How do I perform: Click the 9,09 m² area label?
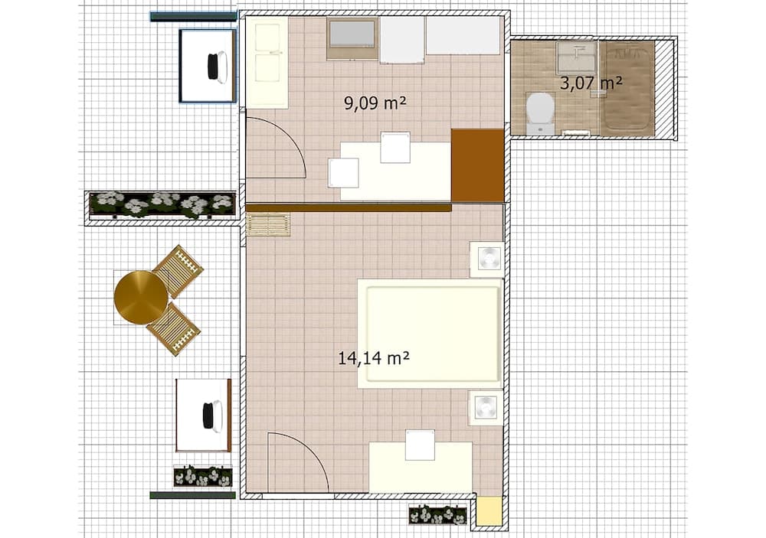pos(375,103)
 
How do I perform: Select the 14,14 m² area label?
pos(375,357)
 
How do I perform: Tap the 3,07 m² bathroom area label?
pos(591,83)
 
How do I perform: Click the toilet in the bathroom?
pos(541,112)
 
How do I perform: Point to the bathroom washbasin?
pos(576,57)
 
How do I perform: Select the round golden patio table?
pos(141,298)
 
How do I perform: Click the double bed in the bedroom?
pos(430,333)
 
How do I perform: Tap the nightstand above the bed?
pos(486,259)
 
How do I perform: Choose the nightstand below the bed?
pos(486,408)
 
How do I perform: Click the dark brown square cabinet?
pos(477,165)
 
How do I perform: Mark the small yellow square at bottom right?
pos(489,511)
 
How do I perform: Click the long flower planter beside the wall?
pos(162,204)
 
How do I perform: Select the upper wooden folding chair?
pos(178,271)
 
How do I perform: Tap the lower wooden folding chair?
pos(174,328)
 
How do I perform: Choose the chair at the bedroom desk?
pos(420,445)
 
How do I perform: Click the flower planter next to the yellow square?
pos(437,514)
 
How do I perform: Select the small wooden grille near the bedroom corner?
pos(269,225)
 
